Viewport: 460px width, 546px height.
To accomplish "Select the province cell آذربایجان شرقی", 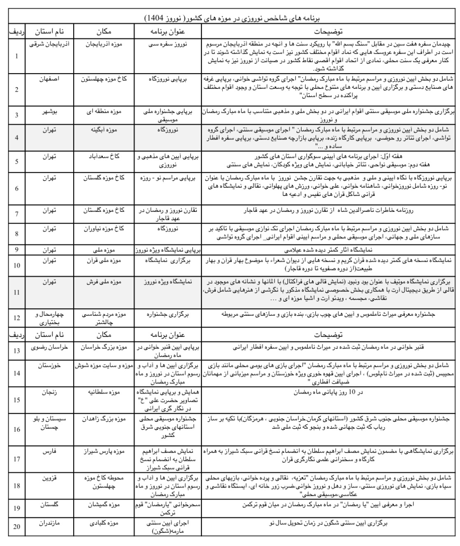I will click(49, 44).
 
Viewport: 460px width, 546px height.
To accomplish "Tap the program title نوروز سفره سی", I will click(167, 44).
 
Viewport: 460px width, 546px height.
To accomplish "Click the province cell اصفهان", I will click(49, 79).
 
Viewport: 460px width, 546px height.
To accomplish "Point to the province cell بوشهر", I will click(49, 111).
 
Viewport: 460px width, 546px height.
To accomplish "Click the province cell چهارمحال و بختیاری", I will click(49, 318).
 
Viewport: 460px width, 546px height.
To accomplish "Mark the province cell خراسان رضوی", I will click(49, 347).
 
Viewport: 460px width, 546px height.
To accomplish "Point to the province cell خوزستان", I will click(49, 365).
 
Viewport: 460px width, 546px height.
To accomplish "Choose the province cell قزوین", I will click(49, 478).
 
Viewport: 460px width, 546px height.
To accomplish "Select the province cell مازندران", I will click(49, 523).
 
